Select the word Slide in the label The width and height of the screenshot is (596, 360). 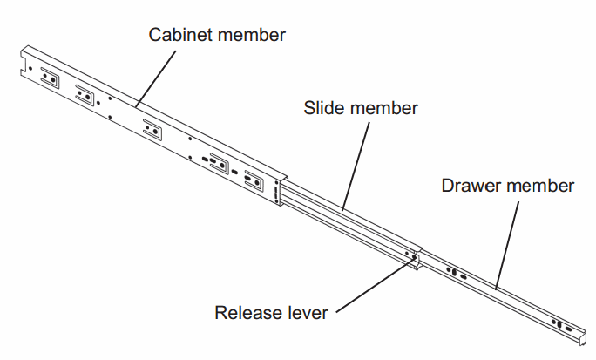point(324,109)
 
